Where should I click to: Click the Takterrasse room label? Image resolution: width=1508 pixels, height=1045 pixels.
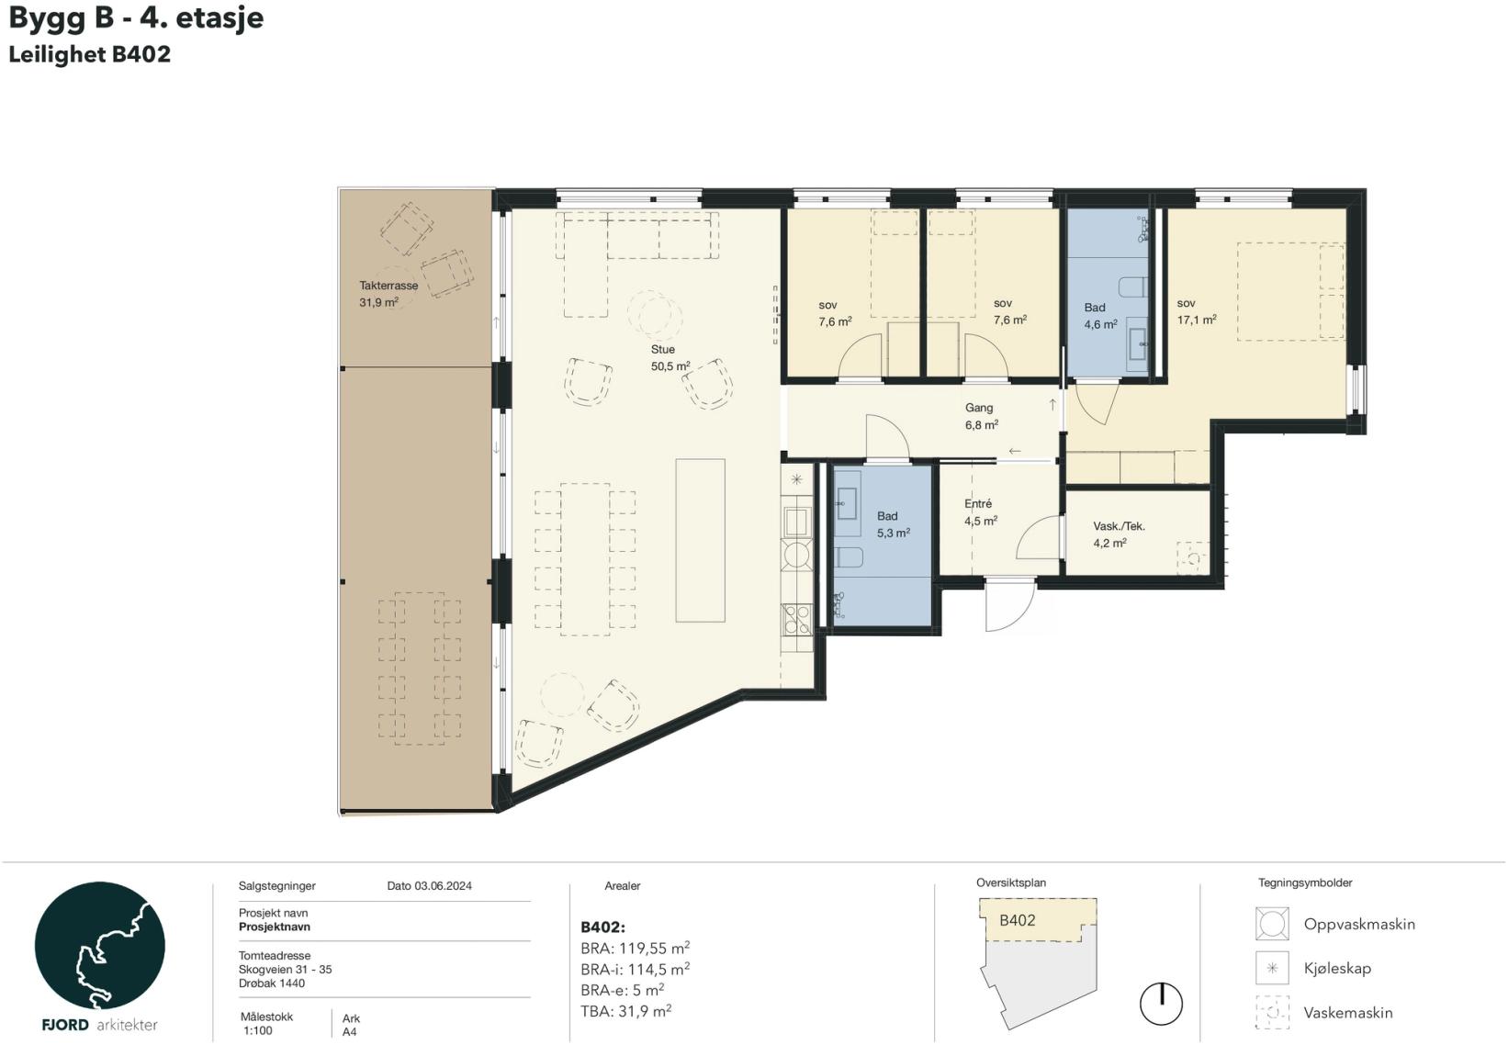click(388, 286)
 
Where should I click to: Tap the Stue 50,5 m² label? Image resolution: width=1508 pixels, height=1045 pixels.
click(670, 358)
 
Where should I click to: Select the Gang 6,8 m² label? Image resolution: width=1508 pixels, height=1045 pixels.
click(981, 416)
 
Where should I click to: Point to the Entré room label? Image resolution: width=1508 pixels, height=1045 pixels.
click(977, 503)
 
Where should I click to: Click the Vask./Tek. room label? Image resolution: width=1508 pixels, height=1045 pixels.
click(1119, 526)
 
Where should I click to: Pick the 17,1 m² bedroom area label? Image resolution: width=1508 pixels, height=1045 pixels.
click(1197, 320)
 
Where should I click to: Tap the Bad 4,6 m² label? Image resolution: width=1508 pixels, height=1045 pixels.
click(1100, 316)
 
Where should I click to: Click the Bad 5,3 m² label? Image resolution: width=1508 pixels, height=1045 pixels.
click(893, 524)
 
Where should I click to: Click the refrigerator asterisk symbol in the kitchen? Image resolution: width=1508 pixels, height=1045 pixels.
click(796, 479)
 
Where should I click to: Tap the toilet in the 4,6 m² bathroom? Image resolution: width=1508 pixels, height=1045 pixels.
click(1132, 287)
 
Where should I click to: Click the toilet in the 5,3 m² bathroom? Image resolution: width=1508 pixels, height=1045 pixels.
click(849, 556)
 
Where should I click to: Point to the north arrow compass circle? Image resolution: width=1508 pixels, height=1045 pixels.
click(1161, 1004)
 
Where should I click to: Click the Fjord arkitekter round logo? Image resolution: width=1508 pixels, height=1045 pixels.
click(99, 946)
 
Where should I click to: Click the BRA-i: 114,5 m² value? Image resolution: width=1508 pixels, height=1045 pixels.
click(635, 969)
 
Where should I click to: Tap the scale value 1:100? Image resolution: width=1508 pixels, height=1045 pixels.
click(258, 1031)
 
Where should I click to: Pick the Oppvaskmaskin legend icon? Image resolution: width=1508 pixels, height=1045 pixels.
click(1272, 923)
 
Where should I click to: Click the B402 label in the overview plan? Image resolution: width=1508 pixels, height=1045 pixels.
click(1018, 920)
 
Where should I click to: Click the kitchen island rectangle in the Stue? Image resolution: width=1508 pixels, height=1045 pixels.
click(700, 540)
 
